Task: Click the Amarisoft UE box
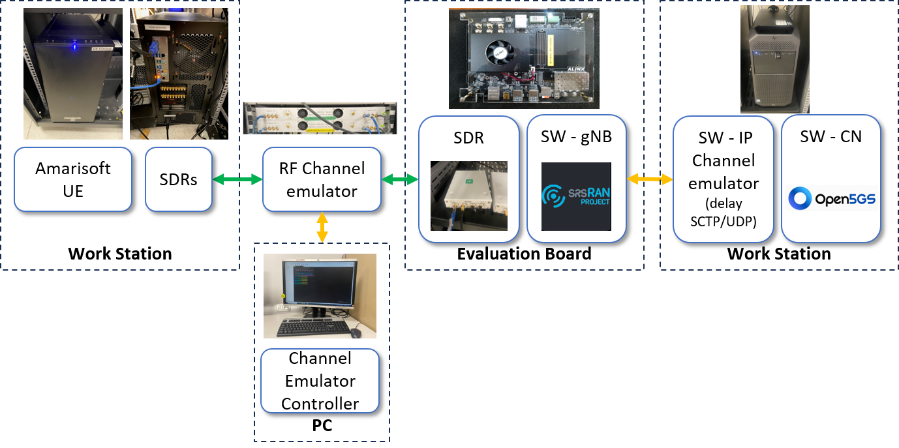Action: pos(73,179)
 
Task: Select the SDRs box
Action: pos(179,179)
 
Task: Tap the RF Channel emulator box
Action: pos(322,179)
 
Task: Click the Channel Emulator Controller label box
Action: pos(320,381)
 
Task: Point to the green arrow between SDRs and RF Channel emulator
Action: pos(237,179)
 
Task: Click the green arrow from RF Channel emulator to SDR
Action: pos(399,179)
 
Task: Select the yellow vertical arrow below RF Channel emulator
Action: pos(322,227)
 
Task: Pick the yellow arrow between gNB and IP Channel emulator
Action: pos(650,179)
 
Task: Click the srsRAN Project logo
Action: pos(577,196)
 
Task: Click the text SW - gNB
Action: pos(577,137)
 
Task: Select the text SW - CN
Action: pos(831,136)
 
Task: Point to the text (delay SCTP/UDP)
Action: pos(723,212)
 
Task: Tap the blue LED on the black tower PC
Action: pos(75,46)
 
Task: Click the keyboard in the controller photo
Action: pos(312,329)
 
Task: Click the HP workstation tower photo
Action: pos(774,59)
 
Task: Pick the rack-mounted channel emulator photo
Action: pos(320,117)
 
